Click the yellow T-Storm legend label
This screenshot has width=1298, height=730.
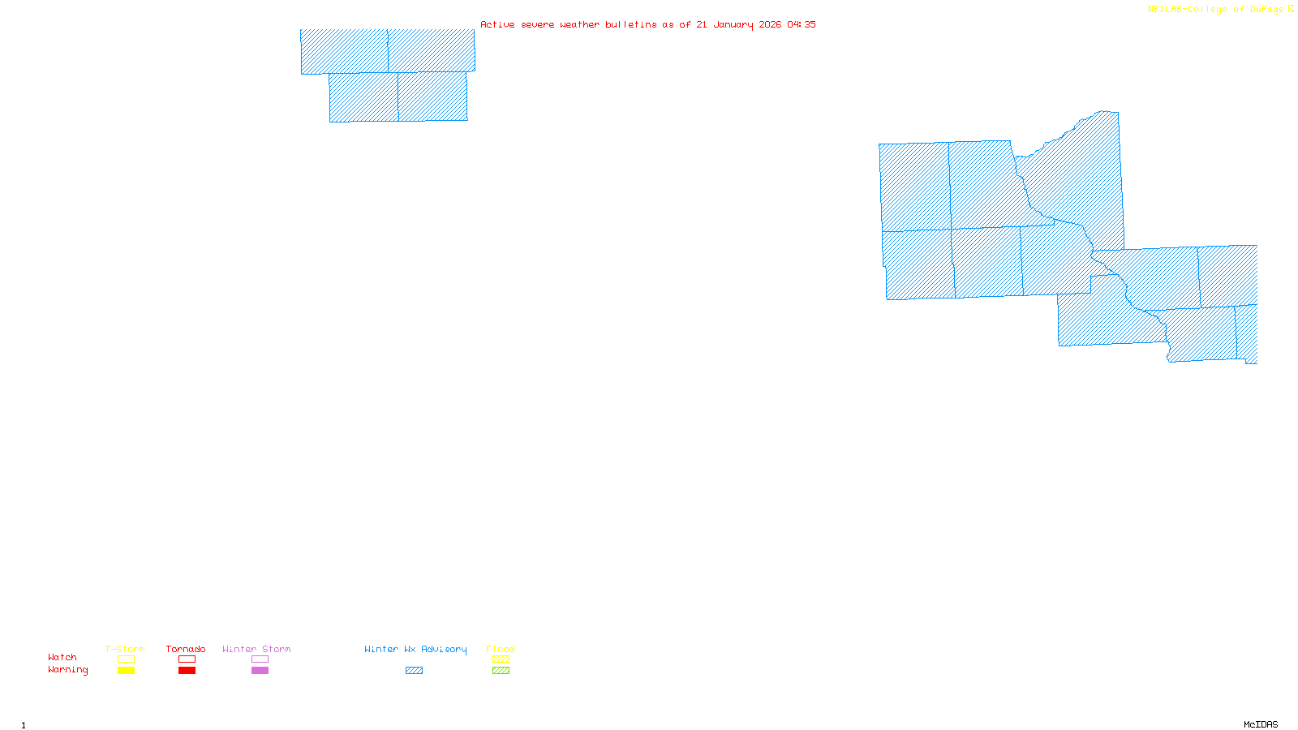click(x=125, y=649)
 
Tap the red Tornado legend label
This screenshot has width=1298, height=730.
click(x=186, y=649)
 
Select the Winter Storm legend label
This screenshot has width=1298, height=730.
click(x=256, y=649)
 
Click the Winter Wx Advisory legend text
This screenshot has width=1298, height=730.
click(x=415, y=649)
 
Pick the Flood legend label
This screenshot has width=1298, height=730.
click(x=501, y=649)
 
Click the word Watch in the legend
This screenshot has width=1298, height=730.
click(x=62, y=657)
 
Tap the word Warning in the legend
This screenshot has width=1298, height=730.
click(x=67, y=670)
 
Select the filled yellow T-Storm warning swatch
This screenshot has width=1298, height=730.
click(x=126, y=671)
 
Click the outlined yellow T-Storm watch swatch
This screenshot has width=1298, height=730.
click(x=126, y=659)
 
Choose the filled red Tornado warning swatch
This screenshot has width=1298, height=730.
click(x=187, y=671)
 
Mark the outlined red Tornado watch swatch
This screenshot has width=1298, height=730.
click(x=187, y=659)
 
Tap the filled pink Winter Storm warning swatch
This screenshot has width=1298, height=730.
click(x=260, y=671)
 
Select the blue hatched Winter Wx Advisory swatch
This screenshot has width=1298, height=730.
click(x=414, y=671)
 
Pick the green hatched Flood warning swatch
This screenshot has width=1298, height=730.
click(x=501, y=671)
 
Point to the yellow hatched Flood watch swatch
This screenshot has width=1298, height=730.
click(x=501, y=659)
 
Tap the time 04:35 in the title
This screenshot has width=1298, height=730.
click(x=802, y=24)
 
